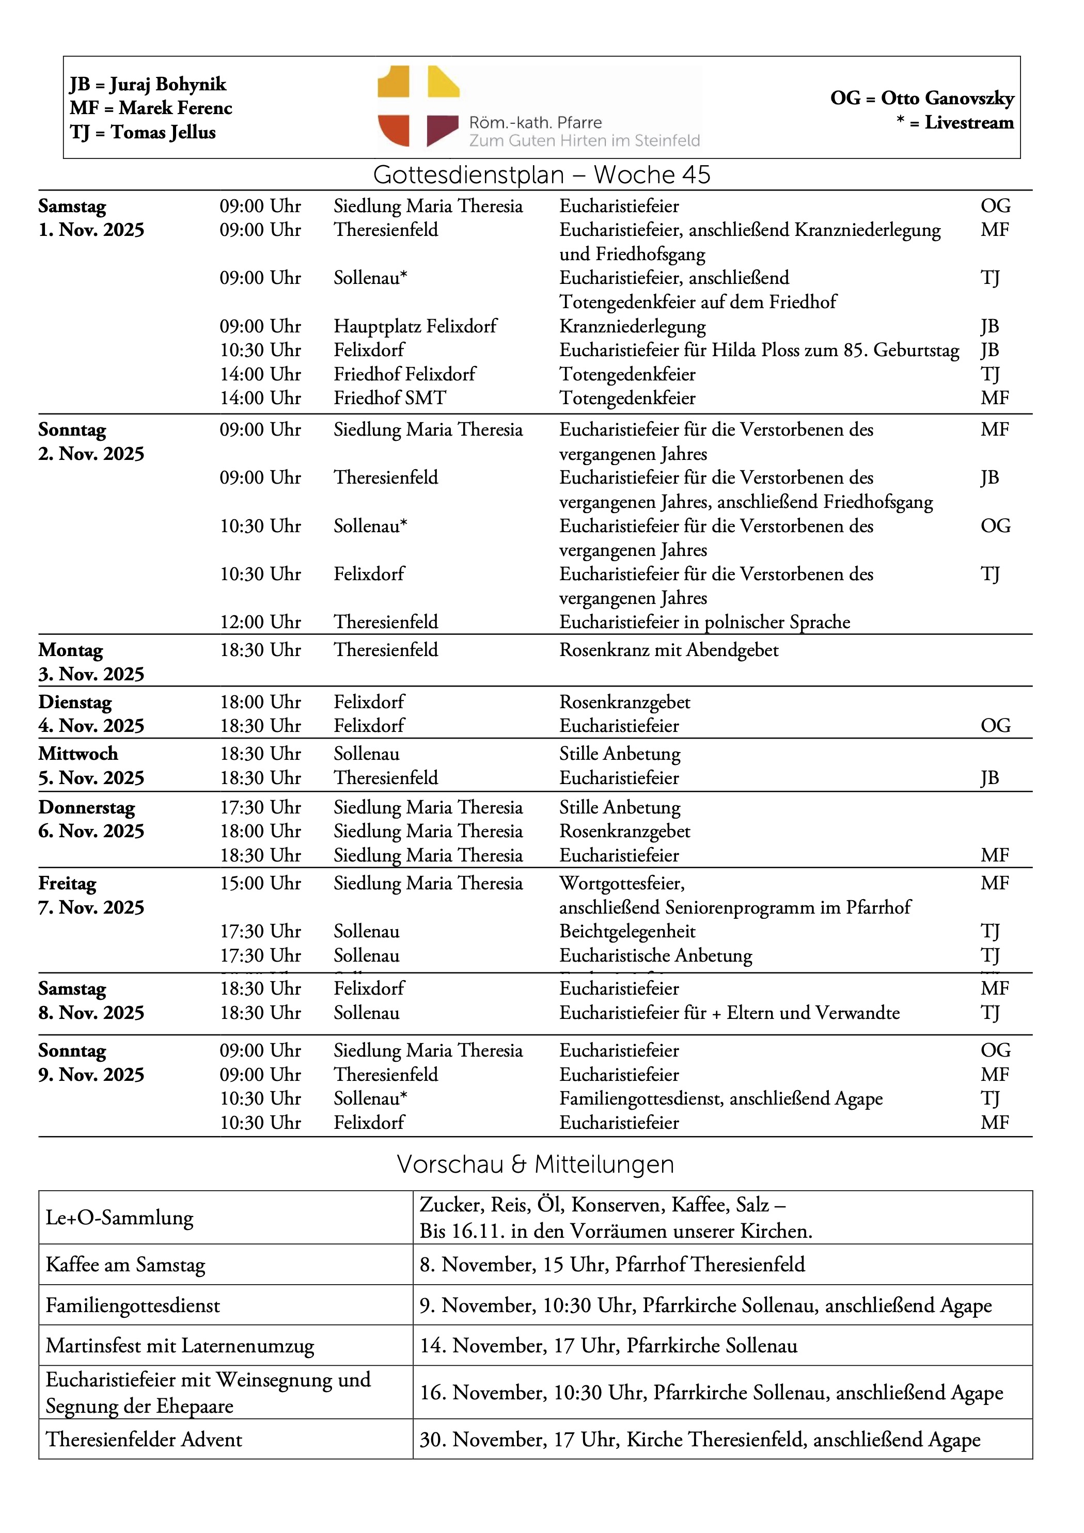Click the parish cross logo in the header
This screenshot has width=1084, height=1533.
click(418, 106)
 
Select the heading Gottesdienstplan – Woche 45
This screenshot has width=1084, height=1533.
click(541, 175)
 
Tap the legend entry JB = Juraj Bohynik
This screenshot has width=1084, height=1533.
click(148, 84)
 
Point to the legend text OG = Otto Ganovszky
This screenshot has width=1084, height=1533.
click(922, 98)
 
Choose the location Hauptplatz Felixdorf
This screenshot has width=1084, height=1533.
click(415, 326)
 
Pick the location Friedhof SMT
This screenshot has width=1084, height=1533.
click(389, 398)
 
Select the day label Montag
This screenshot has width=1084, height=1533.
click(71, 650)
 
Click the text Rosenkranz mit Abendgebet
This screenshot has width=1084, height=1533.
click(669, 650)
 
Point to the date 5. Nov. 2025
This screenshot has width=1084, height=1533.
click(91, 778)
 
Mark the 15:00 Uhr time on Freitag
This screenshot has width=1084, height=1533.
click(260, 883)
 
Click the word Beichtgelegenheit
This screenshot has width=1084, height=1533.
click(627, 932)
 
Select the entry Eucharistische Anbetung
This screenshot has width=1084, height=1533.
click(655, 955)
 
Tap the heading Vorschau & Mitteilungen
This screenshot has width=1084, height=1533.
click(535, 1164)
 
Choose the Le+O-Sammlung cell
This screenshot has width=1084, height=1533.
click(119, 1217)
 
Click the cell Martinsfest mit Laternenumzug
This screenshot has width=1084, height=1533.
click(180, 1346)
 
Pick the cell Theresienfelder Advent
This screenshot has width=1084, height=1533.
click(144, 1439)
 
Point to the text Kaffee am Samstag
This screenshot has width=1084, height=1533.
click(125, 1265)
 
